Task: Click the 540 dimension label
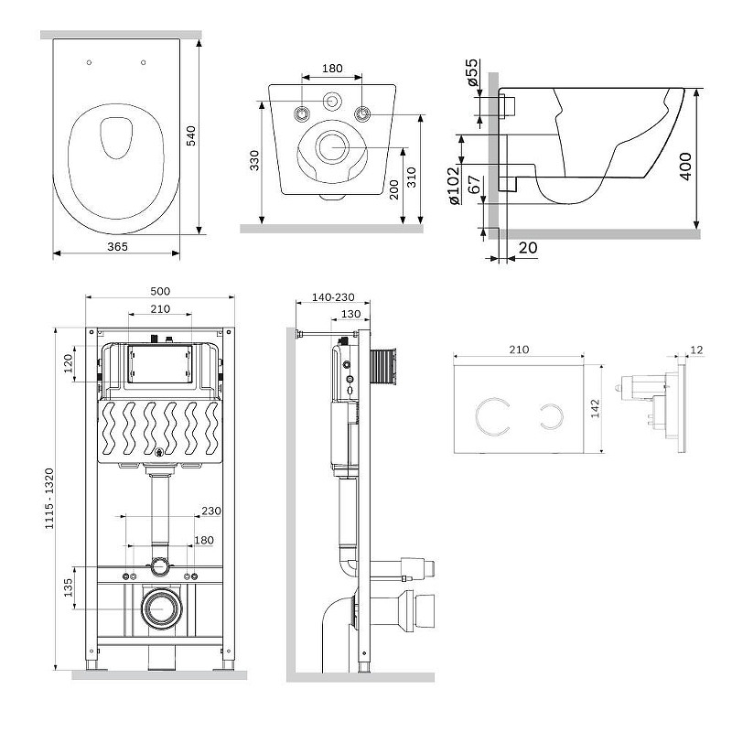191,135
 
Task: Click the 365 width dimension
117,246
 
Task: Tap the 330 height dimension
254,160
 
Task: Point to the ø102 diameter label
454,186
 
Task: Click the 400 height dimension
685,166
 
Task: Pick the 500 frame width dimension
160,291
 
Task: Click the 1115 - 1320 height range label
49,499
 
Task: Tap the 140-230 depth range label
333,297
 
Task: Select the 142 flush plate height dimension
596,408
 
